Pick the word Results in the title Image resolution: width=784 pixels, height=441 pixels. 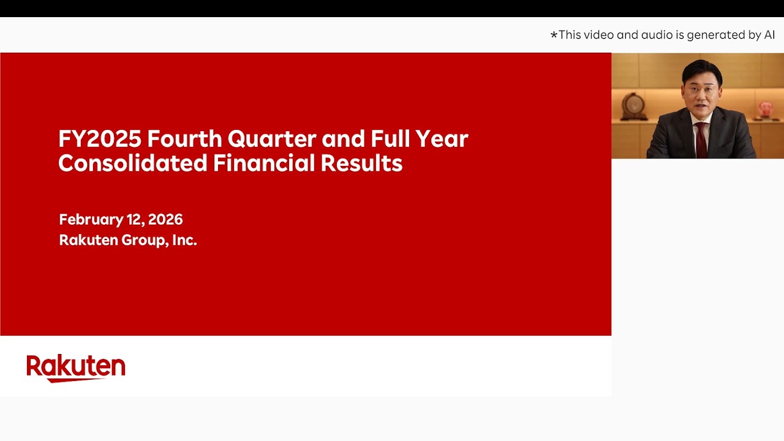(x=361, y=164)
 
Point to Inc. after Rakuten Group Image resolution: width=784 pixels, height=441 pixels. (x=184, y=240)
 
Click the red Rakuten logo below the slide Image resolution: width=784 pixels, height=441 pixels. (x=76, y=367)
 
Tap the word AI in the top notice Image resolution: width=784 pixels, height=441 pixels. (x=769, y=35)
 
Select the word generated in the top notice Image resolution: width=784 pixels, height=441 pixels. (x=715, y=35)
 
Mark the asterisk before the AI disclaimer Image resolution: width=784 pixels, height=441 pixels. (x=554, y=36)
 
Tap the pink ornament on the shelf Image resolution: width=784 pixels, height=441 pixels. (x=765, y=108)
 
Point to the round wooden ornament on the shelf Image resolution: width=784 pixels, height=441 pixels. (x=634, y=106)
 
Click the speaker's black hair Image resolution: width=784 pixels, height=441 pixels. (x=702, y=69)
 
